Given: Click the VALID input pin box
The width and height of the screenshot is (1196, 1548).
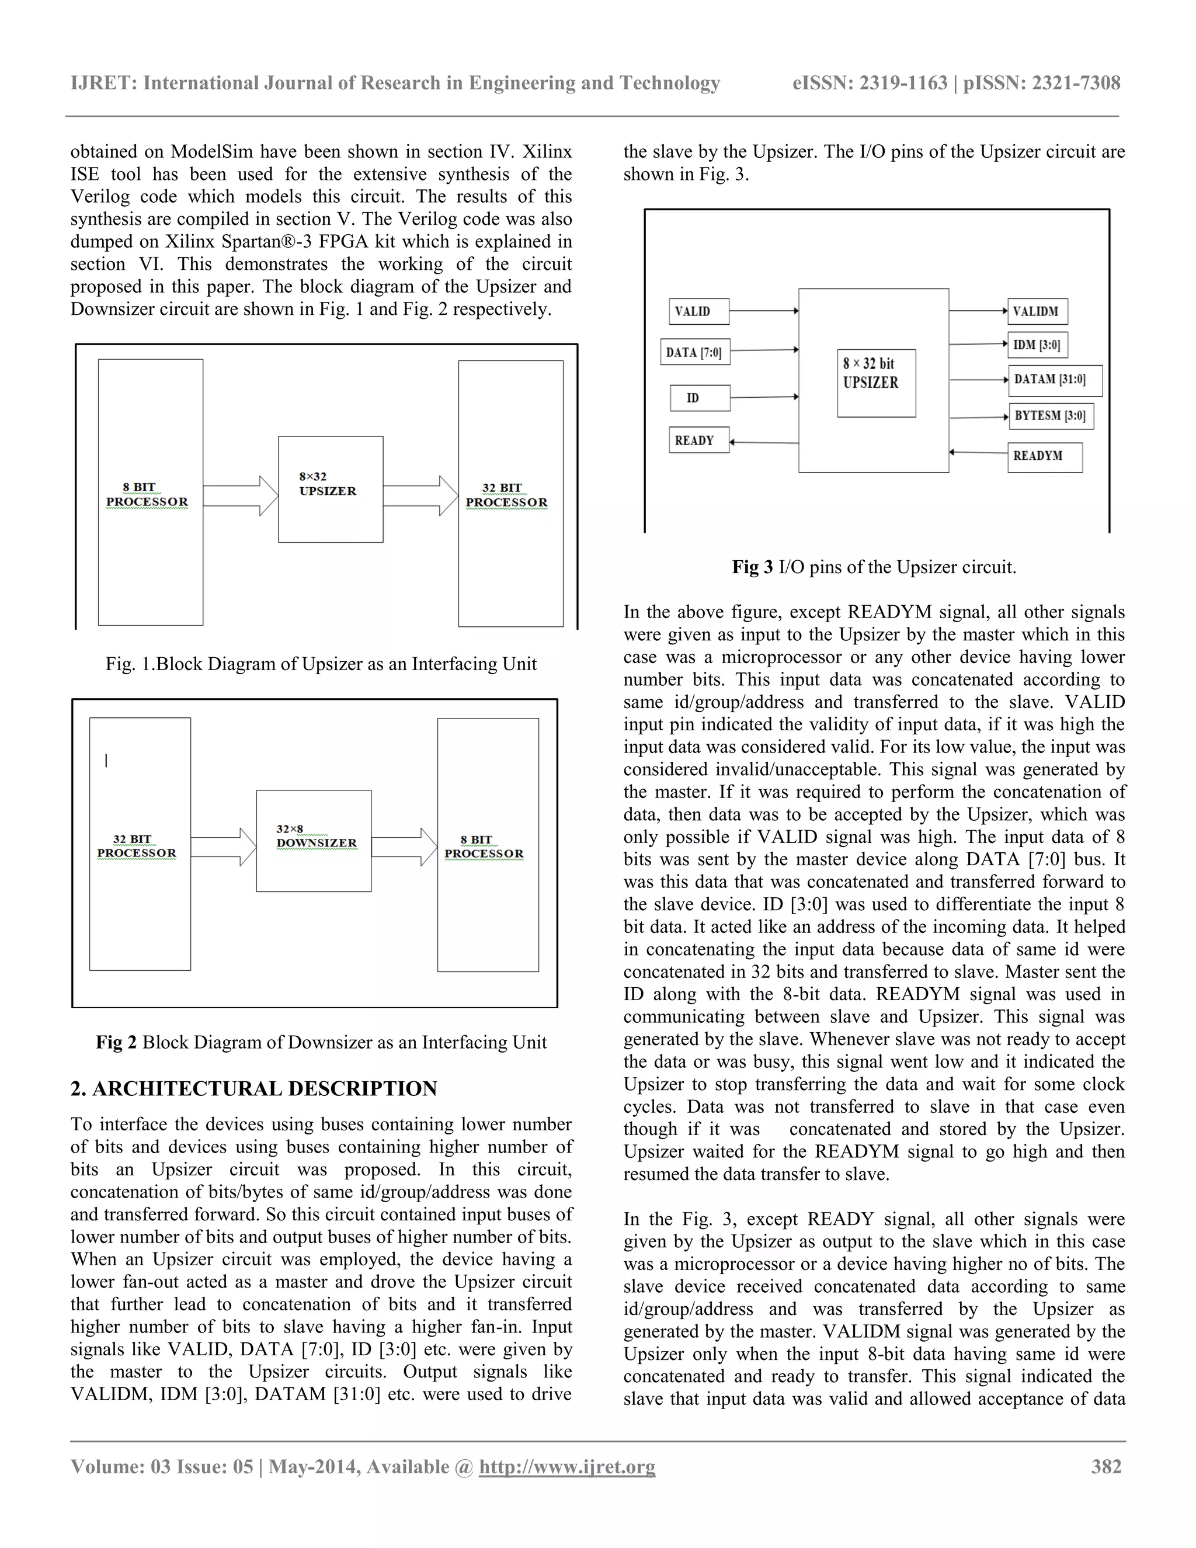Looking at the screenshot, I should coord(698,311).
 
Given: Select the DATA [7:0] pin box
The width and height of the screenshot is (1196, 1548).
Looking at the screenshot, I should coord(694,352).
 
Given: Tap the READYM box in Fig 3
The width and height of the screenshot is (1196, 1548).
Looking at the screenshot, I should coord(1044,456).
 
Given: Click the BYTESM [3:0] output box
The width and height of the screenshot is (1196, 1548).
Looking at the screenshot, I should coord(1050,416).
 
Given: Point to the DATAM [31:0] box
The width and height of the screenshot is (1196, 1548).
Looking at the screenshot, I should coord(1054,380).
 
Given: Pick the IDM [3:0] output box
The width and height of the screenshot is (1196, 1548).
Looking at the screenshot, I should coord(1037,345).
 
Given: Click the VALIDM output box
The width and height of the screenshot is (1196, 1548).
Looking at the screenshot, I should coord(1037,311).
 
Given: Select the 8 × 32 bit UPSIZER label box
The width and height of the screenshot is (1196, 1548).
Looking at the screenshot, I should coord(876,382).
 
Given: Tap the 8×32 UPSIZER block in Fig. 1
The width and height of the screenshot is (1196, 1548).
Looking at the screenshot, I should coord(330,489).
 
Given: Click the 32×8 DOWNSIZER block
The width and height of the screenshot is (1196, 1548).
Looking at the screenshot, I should coord(313,841).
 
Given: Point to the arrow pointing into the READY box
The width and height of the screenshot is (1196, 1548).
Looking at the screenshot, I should coord(764,442).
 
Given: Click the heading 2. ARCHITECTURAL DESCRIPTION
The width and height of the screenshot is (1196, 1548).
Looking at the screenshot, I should coord(253,1088).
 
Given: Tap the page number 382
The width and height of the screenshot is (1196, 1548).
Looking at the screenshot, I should coord(1106,1466).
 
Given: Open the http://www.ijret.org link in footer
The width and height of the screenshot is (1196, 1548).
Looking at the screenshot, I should coord(567,1466).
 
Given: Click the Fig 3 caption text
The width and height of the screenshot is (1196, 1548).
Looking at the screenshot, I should coord(874,567).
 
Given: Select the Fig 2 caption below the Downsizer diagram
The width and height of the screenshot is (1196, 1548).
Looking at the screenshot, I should coord(321,1042).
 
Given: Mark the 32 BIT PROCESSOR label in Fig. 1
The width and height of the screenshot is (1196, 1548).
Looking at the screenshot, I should coord(506,495).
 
